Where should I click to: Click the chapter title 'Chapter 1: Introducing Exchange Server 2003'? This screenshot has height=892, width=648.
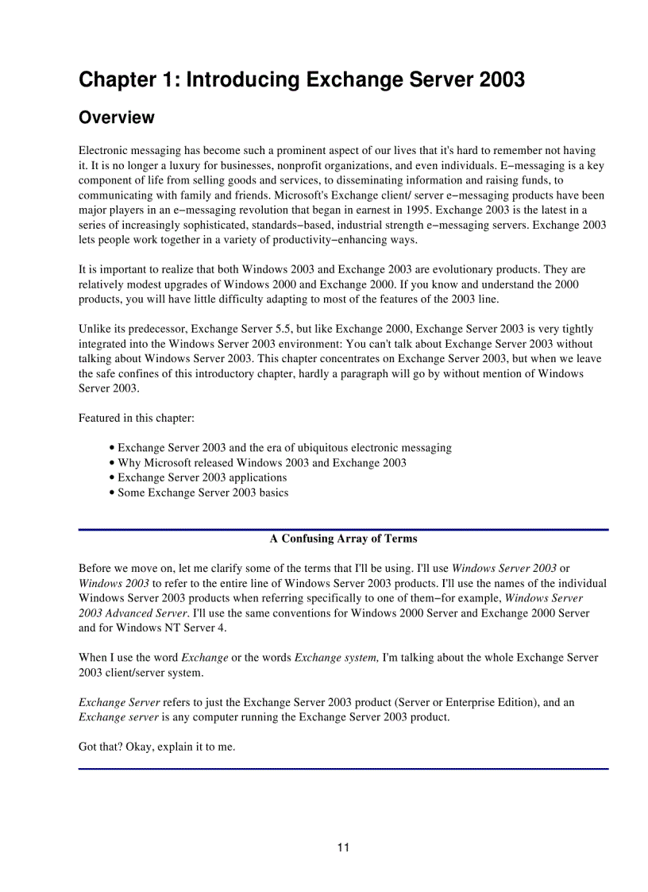(301, 80)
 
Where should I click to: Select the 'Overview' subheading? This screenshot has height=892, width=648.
(117, 118)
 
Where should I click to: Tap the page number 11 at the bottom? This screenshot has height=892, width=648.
(343, 848)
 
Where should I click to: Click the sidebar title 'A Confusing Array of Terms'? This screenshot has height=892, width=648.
(343, 539)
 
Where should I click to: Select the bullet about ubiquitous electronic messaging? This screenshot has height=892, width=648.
(284, 448)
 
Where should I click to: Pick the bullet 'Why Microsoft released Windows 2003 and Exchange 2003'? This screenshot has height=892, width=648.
(262, 463)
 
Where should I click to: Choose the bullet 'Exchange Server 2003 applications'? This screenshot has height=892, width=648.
(202, 478)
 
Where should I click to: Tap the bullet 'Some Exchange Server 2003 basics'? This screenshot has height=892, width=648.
(202, 493)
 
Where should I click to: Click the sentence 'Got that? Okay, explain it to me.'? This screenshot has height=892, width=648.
(156, 747)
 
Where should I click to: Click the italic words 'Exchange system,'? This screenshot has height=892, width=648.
(337, 658)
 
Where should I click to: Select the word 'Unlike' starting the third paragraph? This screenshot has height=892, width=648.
(94, 329)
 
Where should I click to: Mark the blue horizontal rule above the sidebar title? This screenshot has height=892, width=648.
(343, 529)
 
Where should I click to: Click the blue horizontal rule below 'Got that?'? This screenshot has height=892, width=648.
(343, 768)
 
